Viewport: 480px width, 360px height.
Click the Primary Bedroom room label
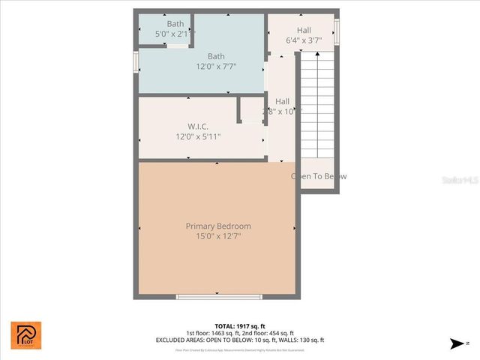coord(218,226)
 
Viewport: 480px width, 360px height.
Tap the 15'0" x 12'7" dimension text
coord(218,236)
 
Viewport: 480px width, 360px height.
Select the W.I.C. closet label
coord(197,126)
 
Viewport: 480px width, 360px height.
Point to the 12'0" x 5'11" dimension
coord(198,136)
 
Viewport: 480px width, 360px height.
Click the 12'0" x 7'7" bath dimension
coord(216,67)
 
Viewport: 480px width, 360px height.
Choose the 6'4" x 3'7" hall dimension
coord(304,40)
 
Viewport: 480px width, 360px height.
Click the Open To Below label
coord(319,176)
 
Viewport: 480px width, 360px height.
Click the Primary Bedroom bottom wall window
coord(219,297)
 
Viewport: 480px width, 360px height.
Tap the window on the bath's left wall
coord(136,61)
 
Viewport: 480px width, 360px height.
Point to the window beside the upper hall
coord(337,31)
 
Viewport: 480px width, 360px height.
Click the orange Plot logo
coord(26,334)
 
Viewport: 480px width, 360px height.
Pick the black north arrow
coord(456,343)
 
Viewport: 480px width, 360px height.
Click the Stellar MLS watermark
coord(460,181)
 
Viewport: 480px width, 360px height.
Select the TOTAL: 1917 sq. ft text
coord(240,326)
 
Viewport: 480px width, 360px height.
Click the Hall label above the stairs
coord(304,30)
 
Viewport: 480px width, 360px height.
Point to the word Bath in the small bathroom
coord(175,24)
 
